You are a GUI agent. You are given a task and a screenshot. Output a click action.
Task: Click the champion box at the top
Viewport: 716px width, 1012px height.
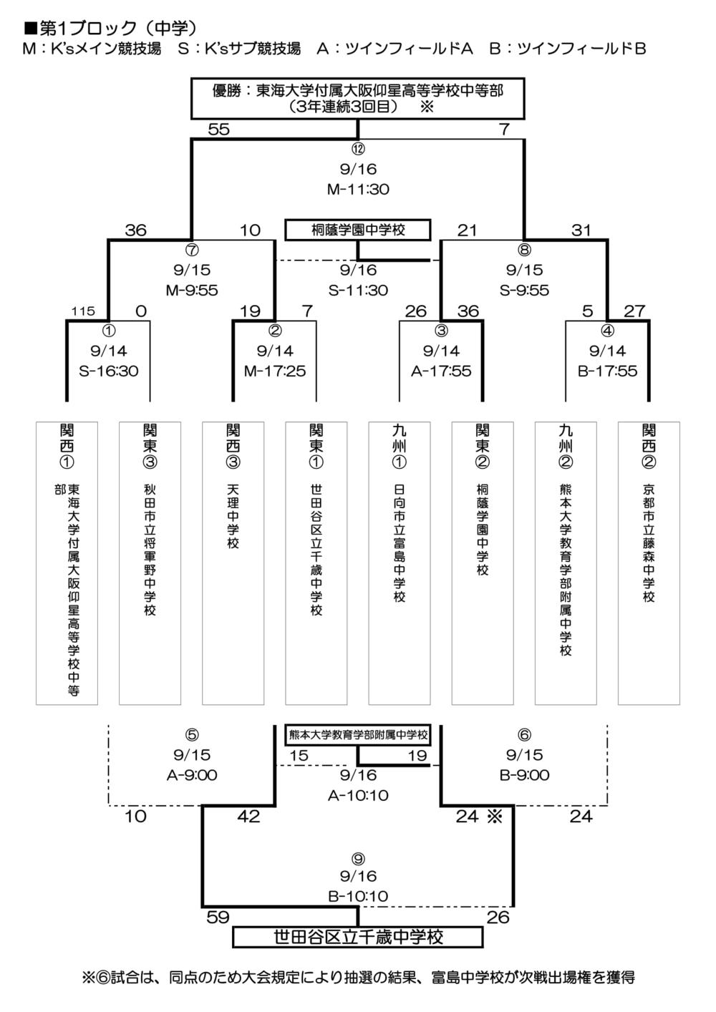pyautogui.click(x=358, y=99)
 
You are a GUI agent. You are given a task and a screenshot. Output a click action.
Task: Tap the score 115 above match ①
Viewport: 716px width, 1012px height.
pyautogui.click(x=83, y=311)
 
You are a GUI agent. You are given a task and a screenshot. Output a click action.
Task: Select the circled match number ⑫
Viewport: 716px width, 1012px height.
pyautogui.click(x=358, y=149)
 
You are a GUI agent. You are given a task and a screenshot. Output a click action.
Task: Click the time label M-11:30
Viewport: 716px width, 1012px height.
pyautogui.click(x=358, y=190)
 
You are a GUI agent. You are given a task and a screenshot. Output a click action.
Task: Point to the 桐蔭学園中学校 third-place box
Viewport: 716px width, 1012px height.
pyautogui.click(x=358, y=230)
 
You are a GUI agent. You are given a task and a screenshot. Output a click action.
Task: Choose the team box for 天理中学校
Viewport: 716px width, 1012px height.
pyautogui.click(x=233, y=563)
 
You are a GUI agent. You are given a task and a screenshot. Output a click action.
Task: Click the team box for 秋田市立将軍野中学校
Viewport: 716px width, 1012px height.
pyautogui.click(x=150, y=563)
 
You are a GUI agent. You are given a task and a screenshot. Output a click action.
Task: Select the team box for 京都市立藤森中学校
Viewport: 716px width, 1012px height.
pyautogui.click(x=649, y=563)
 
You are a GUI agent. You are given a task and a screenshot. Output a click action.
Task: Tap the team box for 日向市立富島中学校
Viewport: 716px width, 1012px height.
pyautogui.click(x=400, y=563)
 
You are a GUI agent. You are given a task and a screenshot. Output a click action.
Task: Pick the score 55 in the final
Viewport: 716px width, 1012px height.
pyautogui.click(x=218, y=130)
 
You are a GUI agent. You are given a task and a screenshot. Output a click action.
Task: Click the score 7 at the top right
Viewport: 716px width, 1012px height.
pyautogui.click(x=504, y=130)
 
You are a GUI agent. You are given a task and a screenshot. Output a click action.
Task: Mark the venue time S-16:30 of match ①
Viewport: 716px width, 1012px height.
pyautogui.click(x=109, y=371)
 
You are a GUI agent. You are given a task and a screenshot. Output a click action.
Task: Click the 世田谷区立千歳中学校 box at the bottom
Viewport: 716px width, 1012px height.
pyautogui.click(x=358, y=937)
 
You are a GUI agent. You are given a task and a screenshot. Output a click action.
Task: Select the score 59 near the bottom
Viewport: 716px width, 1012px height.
pyautogui.click(x=218, y=917)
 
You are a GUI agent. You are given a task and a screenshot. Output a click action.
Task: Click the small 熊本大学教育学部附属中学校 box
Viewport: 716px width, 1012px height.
pyautogui.click(x=358, y=734)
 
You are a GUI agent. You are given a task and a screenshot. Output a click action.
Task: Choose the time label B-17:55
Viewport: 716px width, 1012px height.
pyautogui.click(x=607, y=371)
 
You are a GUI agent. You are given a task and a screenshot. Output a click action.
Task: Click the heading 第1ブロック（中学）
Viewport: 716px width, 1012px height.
pyautogui.click(x=111, y=28)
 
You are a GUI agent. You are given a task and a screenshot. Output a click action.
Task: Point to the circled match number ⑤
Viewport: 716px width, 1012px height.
pyautogui.click(x=192, y=735)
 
